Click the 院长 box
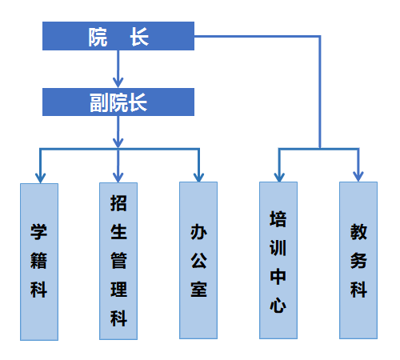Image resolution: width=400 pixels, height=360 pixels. coord(118,36)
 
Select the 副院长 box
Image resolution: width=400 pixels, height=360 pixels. coord(118,102)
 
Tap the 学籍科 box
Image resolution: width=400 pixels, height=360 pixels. coord(39,262)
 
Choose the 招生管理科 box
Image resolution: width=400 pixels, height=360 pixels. coord(118,261)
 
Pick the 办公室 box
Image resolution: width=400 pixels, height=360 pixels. coord(198,260)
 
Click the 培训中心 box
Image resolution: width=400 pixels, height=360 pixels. coord(278,260)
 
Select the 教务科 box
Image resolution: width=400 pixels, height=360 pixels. coord(358,260)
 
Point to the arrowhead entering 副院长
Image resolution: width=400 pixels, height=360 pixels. coord(118,82)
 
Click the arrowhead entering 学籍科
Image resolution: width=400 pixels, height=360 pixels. coord(40,178)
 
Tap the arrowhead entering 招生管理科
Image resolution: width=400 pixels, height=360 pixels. coord(118,178)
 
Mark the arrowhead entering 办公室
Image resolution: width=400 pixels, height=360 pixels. coord(198,177)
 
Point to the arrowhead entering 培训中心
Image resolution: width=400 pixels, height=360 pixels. coord(279,177)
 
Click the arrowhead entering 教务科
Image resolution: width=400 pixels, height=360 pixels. coord(358,176)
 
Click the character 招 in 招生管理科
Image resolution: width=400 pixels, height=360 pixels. coord(118,203)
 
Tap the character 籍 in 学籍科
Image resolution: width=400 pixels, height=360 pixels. coord(39,261)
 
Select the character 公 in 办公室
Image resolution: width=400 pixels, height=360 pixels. coord(198,261)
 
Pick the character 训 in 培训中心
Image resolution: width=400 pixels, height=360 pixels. coord(278,248)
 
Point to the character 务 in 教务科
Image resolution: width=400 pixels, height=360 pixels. coord(358,261)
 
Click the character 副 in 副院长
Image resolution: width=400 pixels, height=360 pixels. coord(99,102)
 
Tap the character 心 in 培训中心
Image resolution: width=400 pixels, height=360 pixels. coord(278,306)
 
